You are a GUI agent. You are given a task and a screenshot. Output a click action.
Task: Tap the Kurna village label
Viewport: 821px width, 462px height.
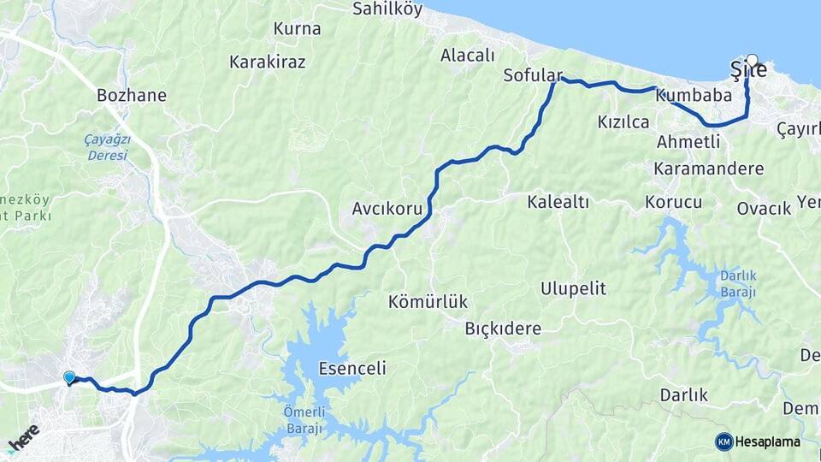[297, 29]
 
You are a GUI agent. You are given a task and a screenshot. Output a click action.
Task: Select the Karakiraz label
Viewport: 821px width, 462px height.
[267, 62]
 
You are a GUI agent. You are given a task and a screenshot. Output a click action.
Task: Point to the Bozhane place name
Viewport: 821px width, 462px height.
[132, 95]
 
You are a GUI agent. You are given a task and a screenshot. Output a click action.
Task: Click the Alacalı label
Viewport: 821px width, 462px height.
[468, 56]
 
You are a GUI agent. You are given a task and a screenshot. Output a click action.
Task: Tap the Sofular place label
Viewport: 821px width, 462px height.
[532, 74]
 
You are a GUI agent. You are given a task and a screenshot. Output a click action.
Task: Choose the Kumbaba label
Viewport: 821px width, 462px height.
[694, 96]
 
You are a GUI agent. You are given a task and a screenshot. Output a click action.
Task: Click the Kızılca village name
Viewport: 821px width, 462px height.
[623, 123]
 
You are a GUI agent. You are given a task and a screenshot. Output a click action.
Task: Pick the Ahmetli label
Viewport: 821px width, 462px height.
[688, 142]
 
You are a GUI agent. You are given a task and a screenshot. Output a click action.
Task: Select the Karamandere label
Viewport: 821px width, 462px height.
[708, 169]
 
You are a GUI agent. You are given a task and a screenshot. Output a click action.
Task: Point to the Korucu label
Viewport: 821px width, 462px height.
[674, 203]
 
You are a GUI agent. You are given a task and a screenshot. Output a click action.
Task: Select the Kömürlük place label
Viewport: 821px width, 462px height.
[428, 302]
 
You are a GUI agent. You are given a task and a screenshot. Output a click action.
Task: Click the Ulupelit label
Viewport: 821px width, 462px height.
[573, 288]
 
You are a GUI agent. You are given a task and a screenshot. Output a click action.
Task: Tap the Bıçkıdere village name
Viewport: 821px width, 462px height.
[503, 329]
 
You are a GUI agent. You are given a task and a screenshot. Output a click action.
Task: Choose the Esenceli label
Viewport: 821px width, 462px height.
[351, 370]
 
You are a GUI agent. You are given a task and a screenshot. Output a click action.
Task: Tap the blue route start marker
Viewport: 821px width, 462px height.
[69, 377]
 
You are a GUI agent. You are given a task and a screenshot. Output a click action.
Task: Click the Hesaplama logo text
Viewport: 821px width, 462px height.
[767, 441]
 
